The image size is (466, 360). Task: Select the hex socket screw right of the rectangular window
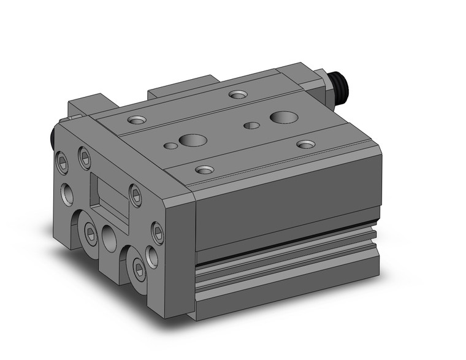click(136, 195)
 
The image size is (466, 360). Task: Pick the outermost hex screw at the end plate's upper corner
click(63, 161)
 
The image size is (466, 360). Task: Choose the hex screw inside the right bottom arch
click(140, 268)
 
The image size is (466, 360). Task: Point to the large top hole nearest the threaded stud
click(283, 116)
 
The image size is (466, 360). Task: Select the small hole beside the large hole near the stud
click(251, 126)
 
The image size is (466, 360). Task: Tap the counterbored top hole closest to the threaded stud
click(237, 94)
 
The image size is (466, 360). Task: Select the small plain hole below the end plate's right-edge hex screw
click(152, 257)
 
